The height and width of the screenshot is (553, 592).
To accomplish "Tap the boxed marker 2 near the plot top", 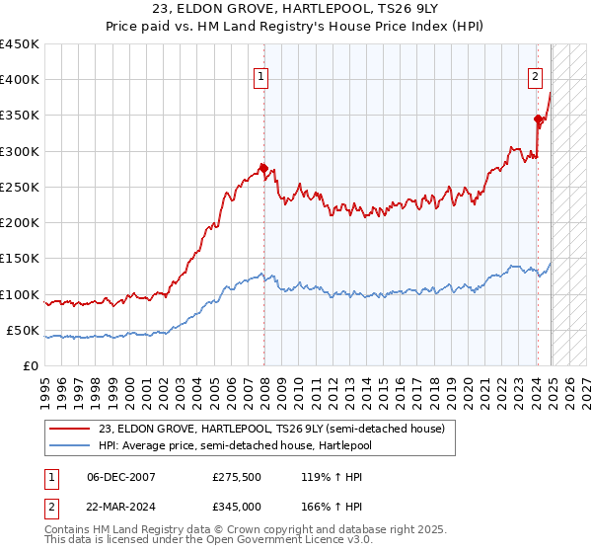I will tap(534, 75).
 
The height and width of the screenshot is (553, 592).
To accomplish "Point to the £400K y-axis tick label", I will tap(20, 80).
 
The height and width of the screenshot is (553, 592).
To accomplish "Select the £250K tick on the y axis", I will tap(20, 187).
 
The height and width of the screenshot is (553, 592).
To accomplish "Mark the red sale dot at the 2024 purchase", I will tap(539, 119).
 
